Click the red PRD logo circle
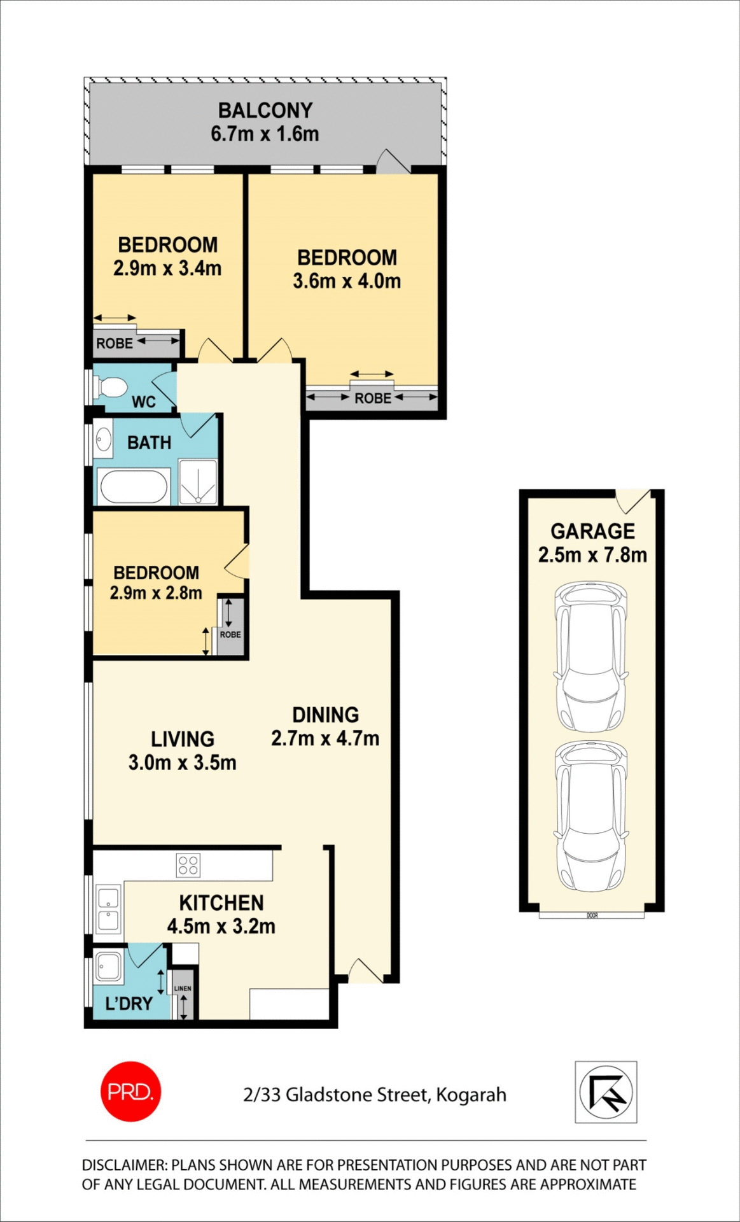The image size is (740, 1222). [130, 1092]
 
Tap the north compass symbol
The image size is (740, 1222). [606, 1092]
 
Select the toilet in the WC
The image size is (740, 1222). [111, 387]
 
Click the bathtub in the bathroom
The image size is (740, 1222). [134, 487]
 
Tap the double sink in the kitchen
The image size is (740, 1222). [108, 909]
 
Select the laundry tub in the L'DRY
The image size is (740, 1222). [108, 967]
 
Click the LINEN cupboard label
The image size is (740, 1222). [183, 988]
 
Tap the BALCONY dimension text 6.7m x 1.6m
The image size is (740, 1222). [265, 134]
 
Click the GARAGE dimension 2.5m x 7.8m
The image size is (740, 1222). [592, 555]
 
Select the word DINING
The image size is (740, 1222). [325, 715]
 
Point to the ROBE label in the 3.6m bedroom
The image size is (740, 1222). [372, 398]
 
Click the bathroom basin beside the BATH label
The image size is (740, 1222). [103, 439]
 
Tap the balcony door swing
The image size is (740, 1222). [391, 162]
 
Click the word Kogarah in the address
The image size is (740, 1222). [471, 1095]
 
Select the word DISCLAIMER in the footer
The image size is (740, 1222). [123, 1165]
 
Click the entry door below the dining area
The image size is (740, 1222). [365, 972]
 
